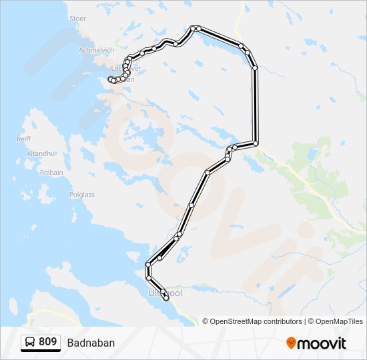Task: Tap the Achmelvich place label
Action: [95, 50]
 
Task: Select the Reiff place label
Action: [23, 139]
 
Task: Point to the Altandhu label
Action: [39, 153]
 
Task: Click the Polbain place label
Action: [51, 173]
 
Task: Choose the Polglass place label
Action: [82, 195]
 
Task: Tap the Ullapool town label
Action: [165, 293]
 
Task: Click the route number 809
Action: [47, 342]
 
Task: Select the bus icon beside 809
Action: [31, 343]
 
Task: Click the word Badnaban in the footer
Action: [91, 343]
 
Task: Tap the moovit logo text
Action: [322, 343]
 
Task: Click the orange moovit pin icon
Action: [291, 343]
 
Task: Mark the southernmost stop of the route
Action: [166, 298]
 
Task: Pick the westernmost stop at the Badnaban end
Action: [111, 80]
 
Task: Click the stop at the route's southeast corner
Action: [255, 143]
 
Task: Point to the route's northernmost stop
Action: [193, 28]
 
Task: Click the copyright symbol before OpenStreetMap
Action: [206, 321]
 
